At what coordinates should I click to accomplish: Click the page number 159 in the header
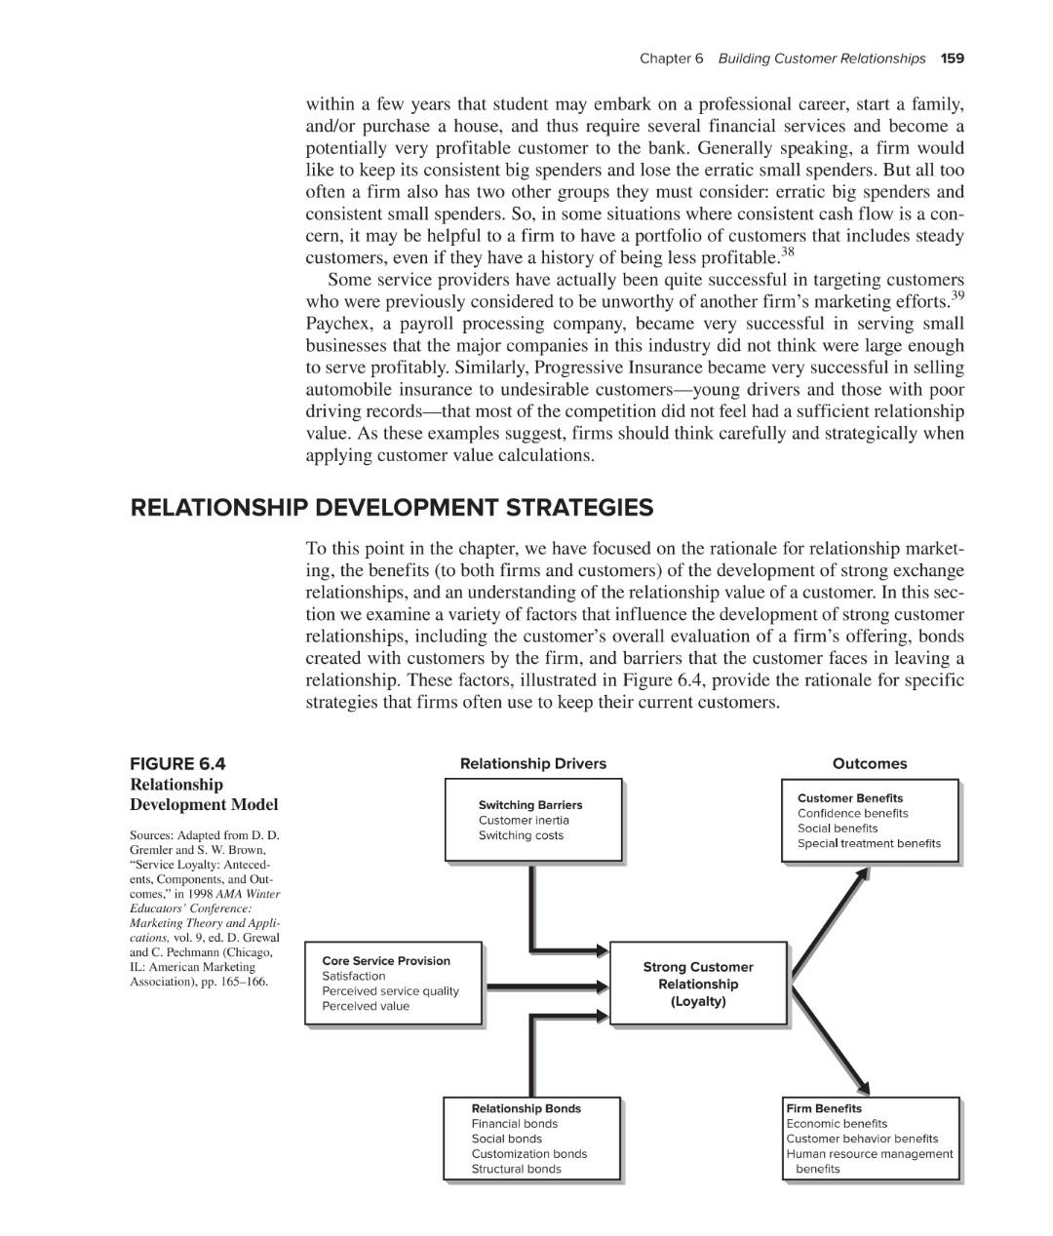pos(953,58)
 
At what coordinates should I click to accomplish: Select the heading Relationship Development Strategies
pos(391,508)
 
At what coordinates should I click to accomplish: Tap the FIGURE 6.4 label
pos(177,764)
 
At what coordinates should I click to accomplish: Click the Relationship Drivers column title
pos(532,764)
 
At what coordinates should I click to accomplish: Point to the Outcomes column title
pos(869,764)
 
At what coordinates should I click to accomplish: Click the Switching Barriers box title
pos(529,805)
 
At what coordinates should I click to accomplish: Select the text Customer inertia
pos(524,821)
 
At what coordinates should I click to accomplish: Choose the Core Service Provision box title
pos(386,961)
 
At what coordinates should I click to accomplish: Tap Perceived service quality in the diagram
pos(390,991)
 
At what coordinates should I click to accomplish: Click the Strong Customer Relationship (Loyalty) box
pos(698,984)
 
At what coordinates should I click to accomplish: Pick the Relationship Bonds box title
pos(526,1109)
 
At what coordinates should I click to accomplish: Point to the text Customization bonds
pos(528,1154)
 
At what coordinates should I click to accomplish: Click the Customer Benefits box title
pos(850,798)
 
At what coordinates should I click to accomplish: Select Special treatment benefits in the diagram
pos(869,844)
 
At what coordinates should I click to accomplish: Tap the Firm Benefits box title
pos(824,1109)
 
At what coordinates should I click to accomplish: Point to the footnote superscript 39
pos(957,295)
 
